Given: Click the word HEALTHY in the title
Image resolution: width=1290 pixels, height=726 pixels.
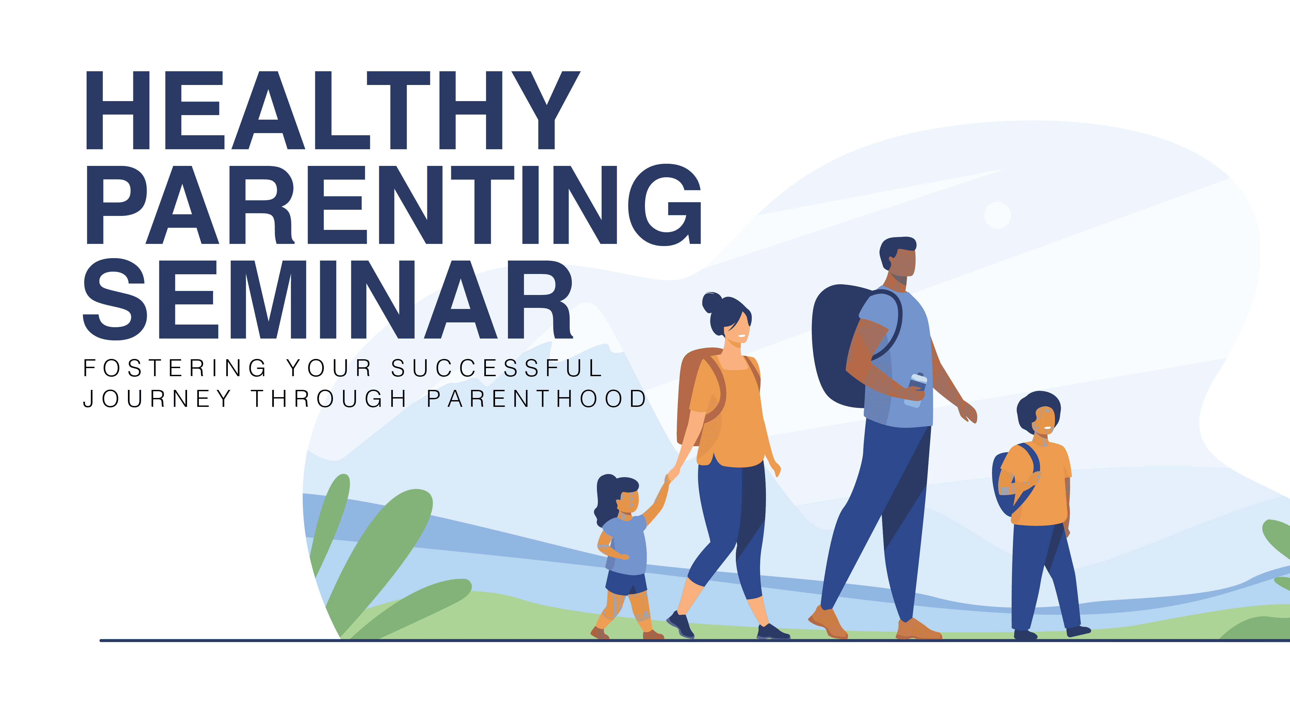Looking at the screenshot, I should point(333,110).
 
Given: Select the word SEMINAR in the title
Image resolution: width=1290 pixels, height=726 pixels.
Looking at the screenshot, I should point(328,300).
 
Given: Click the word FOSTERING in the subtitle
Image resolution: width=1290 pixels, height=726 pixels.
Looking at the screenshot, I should point(175,368).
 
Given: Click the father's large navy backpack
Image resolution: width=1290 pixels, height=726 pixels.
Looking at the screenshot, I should point(834,346).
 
